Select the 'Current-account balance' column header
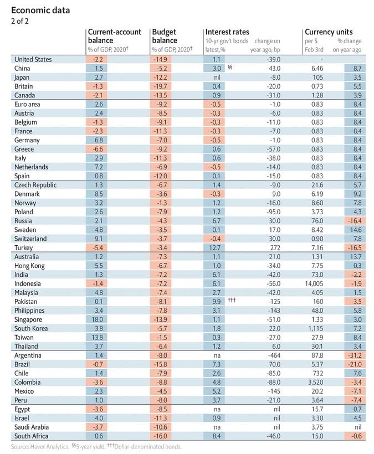pyautogui.click(x=115, y=37)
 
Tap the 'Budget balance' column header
pyautogui.click(x=165, y=37)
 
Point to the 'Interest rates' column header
pyautogui.click(x=228, y=33)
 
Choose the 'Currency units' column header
pyautogui.click(x=329, y=33)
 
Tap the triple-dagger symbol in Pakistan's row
pyautogui.click(x=232, y=301)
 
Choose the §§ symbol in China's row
pyautogui.click(x=229, y=68)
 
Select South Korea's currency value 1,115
pyautogui.click(x=320, y=328)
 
